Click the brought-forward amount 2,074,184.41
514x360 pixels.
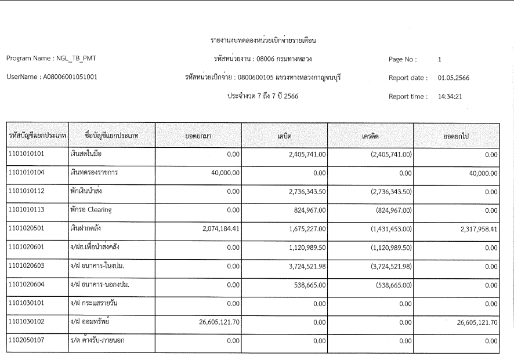(x=215, y=228)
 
